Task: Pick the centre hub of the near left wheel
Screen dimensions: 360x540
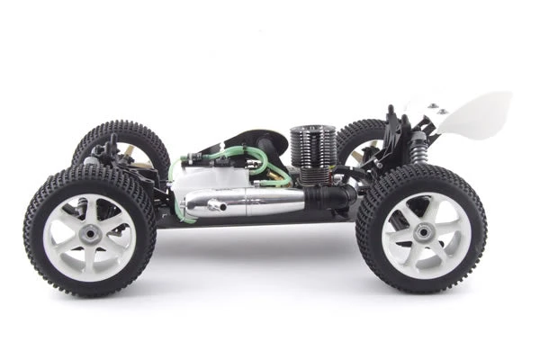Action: pos(90,233)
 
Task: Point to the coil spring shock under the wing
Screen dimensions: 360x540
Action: pos(418,149)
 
